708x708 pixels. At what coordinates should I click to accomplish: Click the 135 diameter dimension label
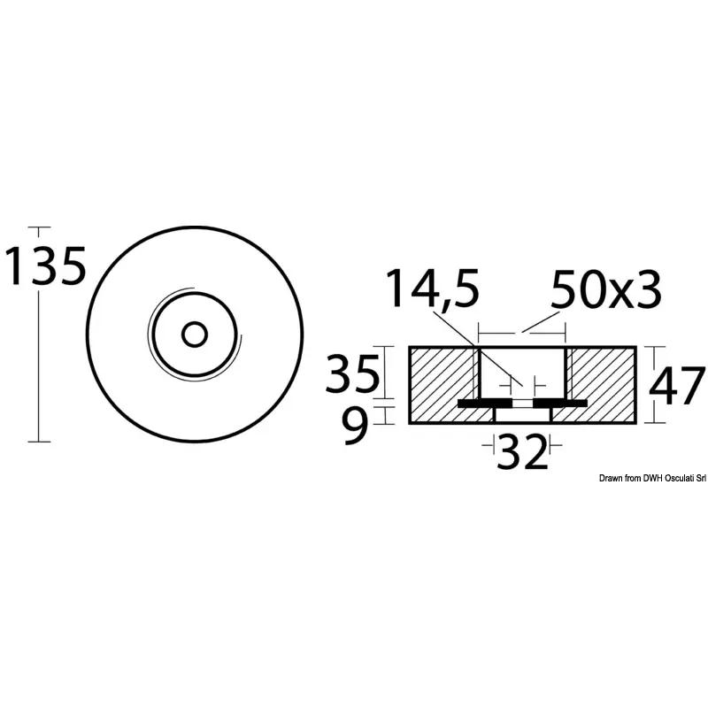click(45, 266)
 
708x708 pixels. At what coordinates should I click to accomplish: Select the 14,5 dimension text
click(433, 289)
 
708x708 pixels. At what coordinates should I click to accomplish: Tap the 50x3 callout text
click(606, 289)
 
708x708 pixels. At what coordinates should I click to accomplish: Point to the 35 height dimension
click(352, 373)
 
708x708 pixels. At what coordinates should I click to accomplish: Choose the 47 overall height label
click(677, 385)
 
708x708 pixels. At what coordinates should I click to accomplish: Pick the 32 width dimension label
click(522, 451)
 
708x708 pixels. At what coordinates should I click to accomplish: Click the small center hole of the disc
click(195, 335)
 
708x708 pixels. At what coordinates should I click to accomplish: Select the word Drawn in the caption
click(610, 478)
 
